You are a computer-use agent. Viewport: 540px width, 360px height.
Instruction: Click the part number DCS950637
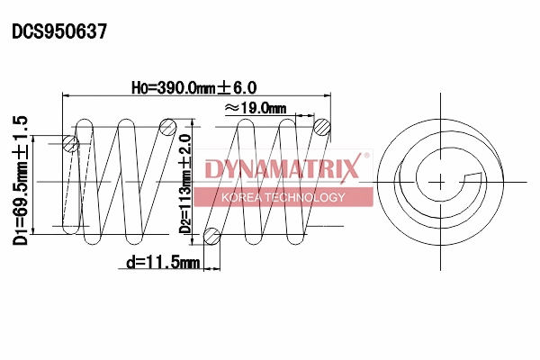pos(59,31)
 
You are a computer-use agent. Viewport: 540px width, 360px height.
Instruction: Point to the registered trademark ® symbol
pos(365,157)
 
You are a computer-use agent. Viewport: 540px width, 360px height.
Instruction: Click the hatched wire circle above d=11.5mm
pos(211,237)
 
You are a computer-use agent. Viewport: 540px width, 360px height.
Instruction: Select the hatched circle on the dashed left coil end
pos(71,142)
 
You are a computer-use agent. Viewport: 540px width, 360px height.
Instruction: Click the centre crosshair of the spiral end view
pos(441,181)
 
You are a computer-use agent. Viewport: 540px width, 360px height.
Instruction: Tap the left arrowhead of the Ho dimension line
pos(64,96)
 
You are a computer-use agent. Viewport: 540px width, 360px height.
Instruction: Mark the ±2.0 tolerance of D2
pos(186,150)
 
